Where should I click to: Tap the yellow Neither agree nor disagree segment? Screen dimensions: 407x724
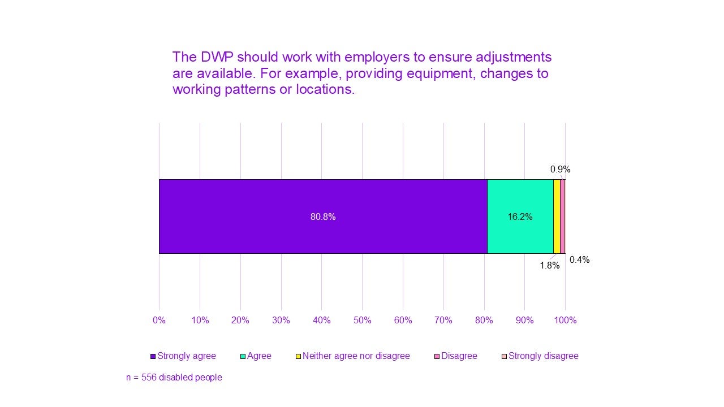tap(557, 217)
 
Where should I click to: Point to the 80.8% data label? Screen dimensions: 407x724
tap(323, 217)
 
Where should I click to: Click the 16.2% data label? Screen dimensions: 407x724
tap(520, 217)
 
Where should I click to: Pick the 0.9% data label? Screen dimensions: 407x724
tap(560, 169)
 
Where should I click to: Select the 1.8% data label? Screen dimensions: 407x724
tap(549, 265)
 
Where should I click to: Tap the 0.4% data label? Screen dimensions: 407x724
tap(579, 260)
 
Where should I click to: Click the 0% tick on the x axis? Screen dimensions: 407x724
tap(159, 321)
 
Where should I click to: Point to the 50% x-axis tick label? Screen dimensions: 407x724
tap(362, 321)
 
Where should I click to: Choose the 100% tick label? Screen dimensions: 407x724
tap(565, 321)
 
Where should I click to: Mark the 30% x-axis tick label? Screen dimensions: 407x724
tap(281, 321)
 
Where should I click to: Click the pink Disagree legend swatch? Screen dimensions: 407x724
tap(437, 357)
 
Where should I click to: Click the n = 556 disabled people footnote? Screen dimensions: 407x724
tap(174, 377)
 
